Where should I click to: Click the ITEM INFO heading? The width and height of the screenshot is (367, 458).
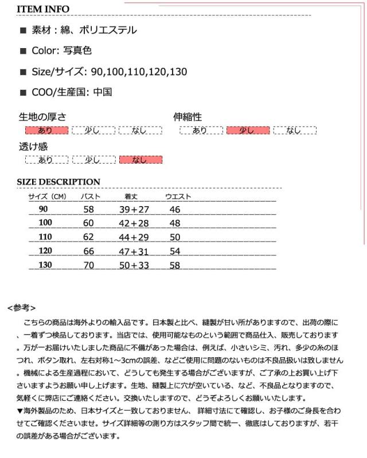coord(43,9)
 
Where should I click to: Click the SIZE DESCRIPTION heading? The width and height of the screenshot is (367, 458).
coord(58,182)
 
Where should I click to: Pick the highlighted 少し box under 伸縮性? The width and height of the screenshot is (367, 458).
coord(248,131)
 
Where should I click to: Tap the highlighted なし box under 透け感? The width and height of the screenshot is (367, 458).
coord(140,160)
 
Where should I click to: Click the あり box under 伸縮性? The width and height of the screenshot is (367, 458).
coord(200,131)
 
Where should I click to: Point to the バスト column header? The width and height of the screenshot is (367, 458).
coord(91,197)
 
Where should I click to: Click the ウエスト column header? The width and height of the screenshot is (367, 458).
coord(178,197)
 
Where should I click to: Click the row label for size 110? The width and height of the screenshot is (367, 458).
coord(45,236)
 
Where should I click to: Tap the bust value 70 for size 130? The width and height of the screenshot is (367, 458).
coord(88,265)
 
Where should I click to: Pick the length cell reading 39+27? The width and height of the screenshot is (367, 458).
coord(134,210)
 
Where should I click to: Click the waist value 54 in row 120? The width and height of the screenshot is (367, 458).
coord(175,251)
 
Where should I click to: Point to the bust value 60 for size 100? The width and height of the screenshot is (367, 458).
coord(88,223)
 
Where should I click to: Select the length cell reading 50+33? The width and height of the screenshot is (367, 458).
coord(134,265)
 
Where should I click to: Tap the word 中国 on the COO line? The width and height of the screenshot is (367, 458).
coord(102,92)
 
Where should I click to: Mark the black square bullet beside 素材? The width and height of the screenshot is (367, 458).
coord(24,30)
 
